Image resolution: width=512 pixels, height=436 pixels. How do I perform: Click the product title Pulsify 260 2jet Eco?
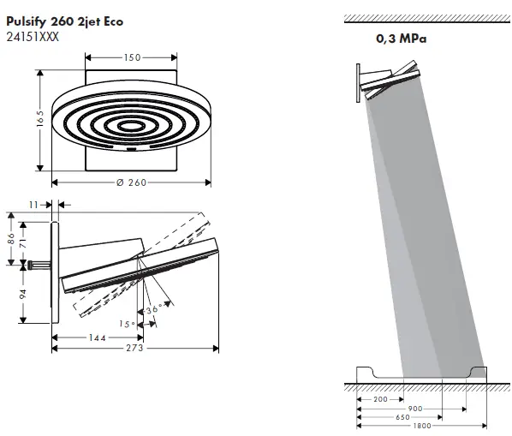(x=64, y=21)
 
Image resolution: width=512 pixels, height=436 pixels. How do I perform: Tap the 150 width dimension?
(x=133, y=57)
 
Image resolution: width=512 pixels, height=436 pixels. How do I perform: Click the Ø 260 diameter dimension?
(x=133, y=182)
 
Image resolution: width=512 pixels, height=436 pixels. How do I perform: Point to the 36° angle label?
(x=153, y=309)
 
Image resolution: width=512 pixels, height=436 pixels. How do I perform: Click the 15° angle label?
(x=127, y=324)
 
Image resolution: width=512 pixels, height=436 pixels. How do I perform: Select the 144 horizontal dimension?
(x=98, y=337)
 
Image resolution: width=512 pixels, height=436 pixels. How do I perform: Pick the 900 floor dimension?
(x=414, y=409)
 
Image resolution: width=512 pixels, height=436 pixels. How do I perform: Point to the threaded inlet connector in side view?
(x=39, y=264)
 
